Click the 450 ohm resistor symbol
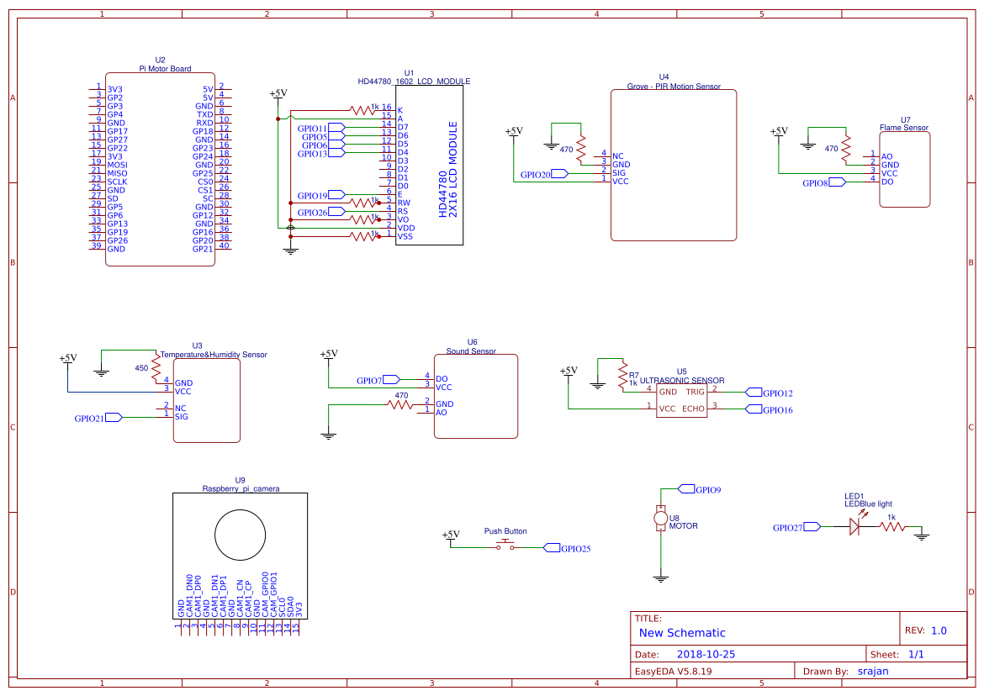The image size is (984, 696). click(156, 368)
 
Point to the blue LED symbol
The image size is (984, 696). click(856, 527)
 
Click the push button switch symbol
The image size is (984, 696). click(505, 546)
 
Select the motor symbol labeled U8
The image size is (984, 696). click(661, 519)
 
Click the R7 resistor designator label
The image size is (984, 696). click(634, 375)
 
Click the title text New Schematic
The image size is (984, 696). click(682, 633)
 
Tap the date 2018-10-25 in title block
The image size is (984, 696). click(706, 654)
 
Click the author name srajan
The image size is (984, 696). click(872, 671)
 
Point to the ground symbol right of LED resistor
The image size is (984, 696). click(922, 535)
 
